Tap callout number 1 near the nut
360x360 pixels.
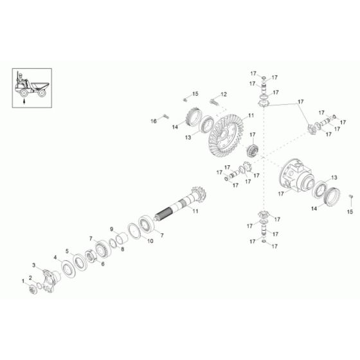pyautogui.click(x=24, y=282)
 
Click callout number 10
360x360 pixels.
pyautogui.click(x=150, y=242)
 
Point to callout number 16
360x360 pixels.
pyautogui.click(x=154, y=120)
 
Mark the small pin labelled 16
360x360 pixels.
pyautogui.click(x=165, y=116)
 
